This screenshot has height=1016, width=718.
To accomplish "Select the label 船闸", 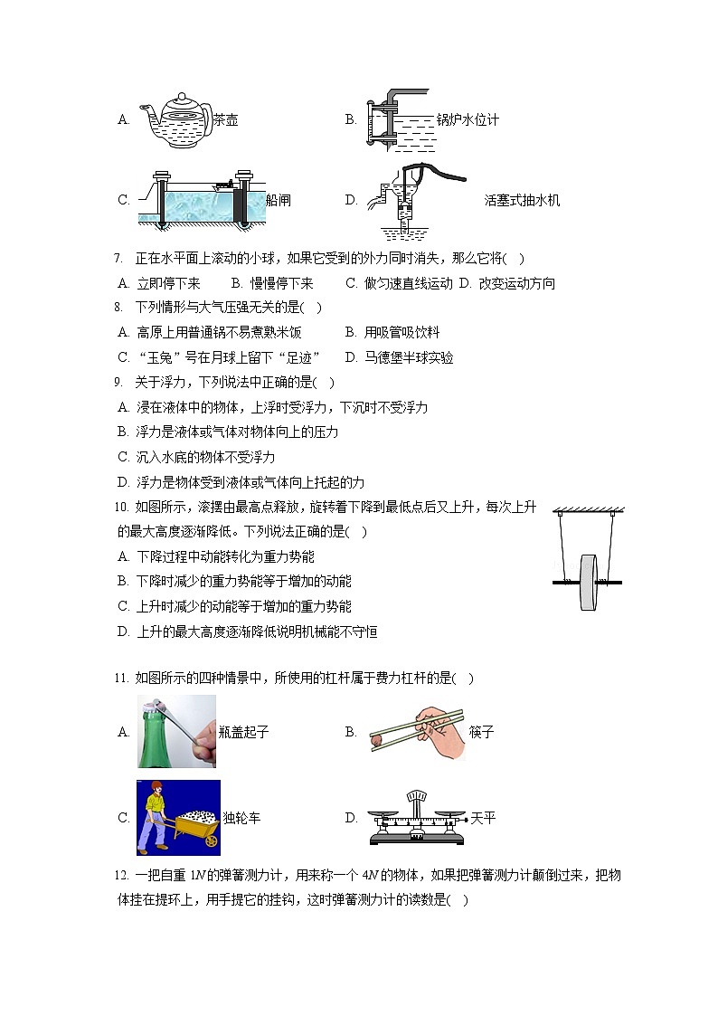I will pos(279,200).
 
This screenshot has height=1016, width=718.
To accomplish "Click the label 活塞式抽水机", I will pos(522,200).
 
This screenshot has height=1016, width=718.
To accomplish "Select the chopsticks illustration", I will pos(416,731).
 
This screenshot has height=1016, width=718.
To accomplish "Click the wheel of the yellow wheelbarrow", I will pos(211,840).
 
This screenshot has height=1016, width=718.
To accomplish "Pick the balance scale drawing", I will pos(416,818).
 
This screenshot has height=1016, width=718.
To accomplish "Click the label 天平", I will pos(483,818).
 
